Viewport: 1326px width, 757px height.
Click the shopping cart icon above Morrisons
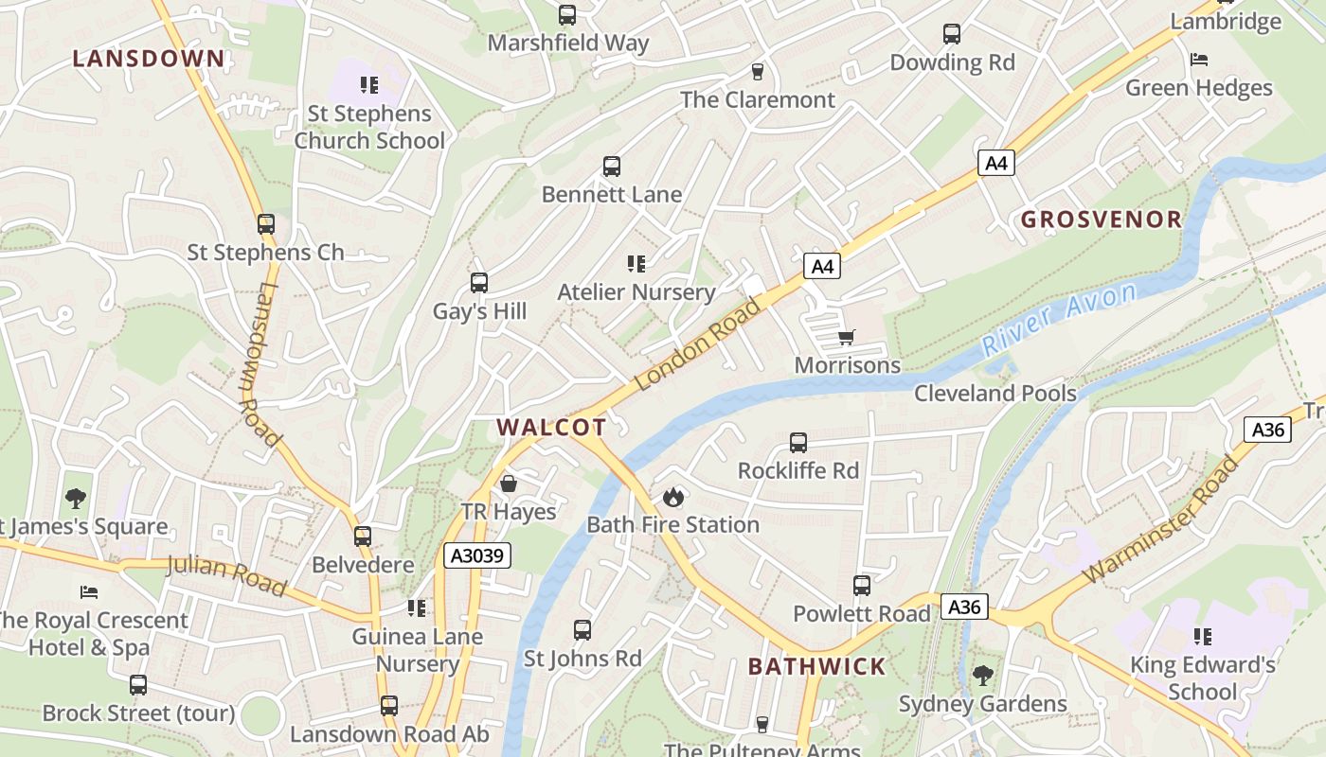(847, 338)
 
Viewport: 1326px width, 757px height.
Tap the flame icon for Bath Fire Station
(673, 497)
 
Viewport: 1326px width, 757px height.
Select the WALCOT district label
(551, 427)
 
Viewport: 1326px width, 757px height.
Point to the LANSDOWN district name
(150, 59)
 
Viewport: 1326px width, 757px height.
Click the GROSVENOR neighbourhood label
(1102, 220)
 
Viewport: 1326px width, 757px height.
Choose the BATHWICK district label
(816, 666)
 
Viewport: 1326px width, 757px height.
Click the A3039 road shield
(477, 555)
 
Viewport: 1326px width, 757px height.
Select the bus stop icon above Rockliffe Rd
(798, 443)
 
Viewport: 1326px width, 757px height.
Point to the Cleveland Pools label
(995, 393)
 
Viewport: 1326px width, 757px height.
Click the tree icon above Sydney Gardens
(983, 676)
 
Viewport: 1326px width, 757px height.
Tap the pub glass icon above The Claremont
(757, 72)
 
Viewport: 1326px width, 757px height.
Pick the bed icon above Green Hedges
(1199, 60)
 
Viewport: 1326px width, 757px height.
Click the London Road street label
(698, 344)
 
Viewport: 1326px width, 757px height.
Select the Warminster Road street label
(1160, 519)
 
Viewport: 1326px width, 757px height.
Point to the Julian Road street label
(226, 576)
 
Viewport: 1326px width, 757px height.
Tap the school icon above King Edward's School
(1203, 637)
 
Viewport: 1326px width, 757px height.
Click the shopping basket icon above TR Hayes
(509, 484)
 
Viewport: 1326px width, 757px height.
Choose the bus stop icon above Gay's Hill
(479, 283)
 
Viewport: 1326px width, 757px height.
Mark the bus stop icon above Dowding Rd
(952, 34)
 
